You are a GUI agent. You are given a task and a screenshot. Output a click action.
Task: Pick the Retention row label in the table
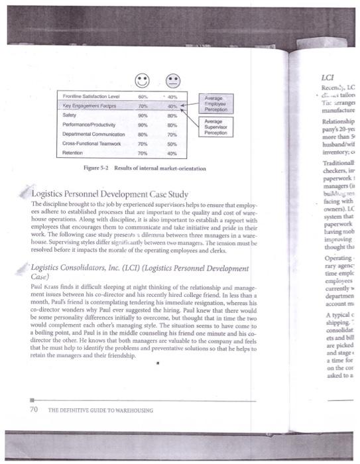(73, 152)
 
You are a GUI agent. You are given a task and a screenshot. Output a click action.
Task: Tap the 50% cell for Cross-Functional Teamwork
(170, 142)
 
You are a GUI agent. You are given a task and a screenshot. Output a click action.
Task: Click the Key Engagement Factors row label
(90, 104)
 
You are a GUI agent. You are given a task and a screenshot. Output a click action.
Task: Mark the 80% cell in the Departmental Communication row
(141, 133)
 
